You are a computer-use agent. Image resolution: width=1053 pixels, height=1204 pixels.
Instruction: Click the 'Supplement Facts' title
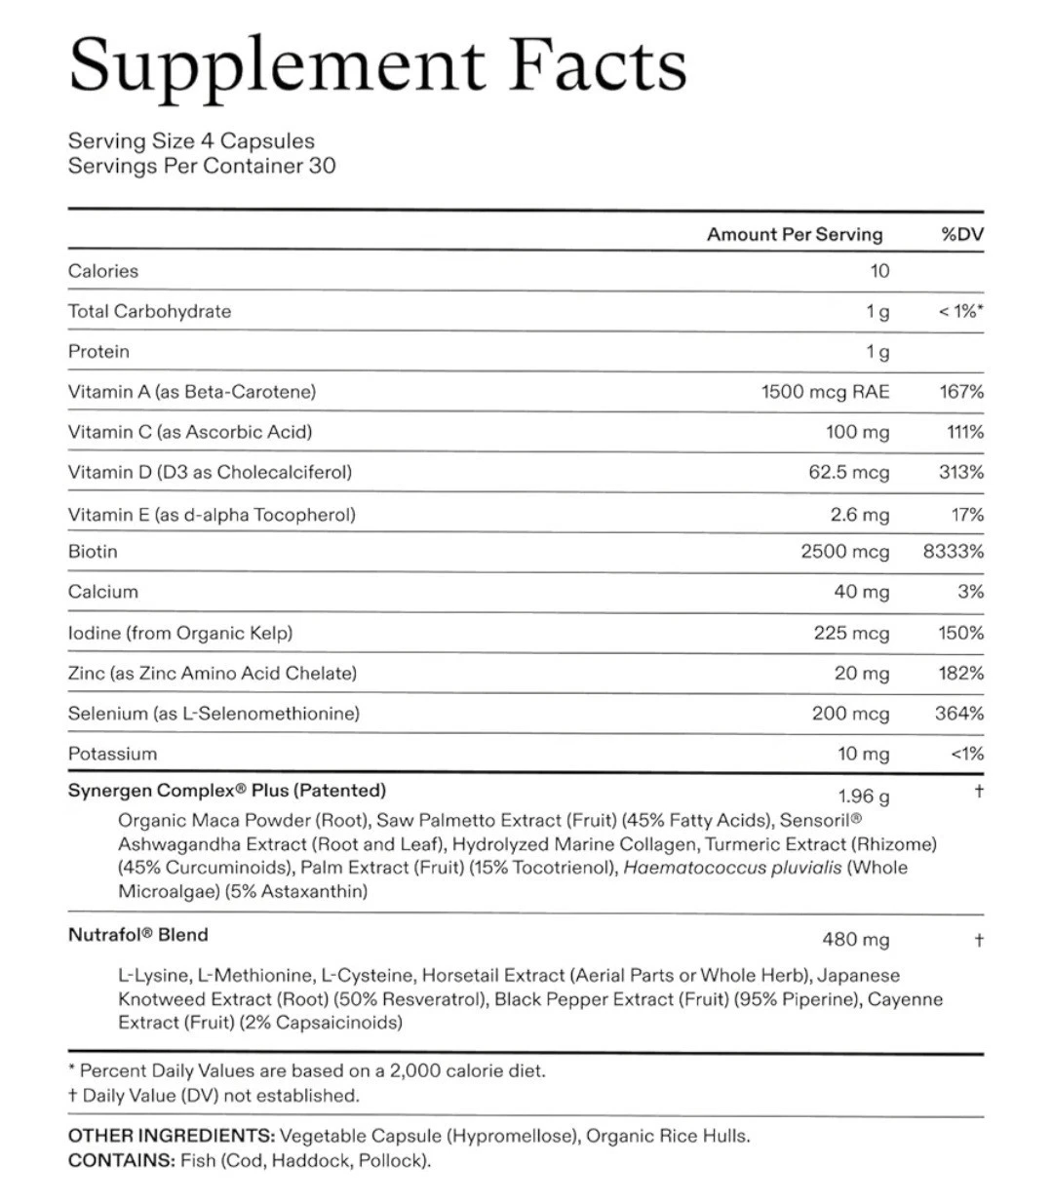378,64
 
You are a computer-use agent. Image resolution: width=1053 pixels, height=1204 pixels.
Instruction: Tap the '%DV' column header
961,234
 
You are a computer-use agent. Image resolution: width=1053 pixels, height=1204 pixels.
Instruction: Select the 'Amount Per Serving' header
794,234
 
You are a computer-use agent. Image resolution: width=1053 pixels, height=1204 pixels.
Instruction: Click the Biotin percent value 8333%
953,552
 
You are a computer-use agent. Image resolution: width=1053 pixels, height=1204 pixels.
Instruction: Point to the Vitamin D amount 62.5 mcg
848,473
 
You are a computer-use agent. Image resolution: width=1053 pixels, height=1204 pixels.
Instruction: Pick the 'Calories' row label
103,271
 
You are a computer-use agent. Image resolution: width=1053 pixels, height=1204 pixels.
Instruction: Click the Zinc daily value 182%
960,673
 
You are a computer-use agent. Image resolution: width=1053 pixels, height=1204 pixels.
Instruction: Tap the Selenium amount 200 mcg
850,714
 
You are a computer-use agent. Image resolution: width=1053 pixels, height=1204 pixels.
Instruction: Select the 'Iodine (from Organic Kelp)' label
180,633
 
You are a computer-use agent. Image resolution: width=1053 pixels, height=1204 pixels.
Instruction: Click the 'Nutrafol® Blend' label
138,935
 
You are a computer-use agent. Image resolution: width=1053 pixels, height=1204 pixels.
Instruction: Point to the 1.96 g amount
863,796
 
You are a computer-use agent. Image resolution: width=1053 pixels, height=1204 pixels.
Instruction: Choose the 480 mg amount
855,940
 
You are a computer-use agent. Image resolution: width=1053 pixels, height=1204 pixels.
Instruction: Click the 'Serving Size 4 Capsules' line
191,141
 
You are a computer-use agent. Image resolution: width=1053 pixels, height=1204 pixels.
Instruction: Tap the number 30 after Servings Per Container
322,166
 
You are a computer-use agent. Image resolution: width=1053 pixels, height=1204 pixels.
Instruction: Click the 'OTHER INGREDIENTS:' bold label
172,1136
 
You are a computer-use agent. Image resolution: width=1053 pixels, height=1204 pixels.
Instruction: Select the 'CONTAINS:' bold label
121,1160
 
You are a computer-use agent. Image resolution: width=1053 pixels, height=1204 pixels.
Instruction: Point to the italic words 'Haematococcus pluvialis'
731,868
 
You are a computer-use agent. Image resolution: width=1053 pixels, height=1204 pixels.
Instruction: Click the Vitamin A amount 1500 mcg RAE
825,392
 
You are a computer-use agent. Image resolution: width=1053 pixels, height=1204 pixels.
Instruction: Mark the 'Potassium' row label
112,754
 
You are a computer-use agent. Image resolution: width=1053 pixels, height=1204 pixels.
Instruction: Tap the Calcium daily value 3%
970,592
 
